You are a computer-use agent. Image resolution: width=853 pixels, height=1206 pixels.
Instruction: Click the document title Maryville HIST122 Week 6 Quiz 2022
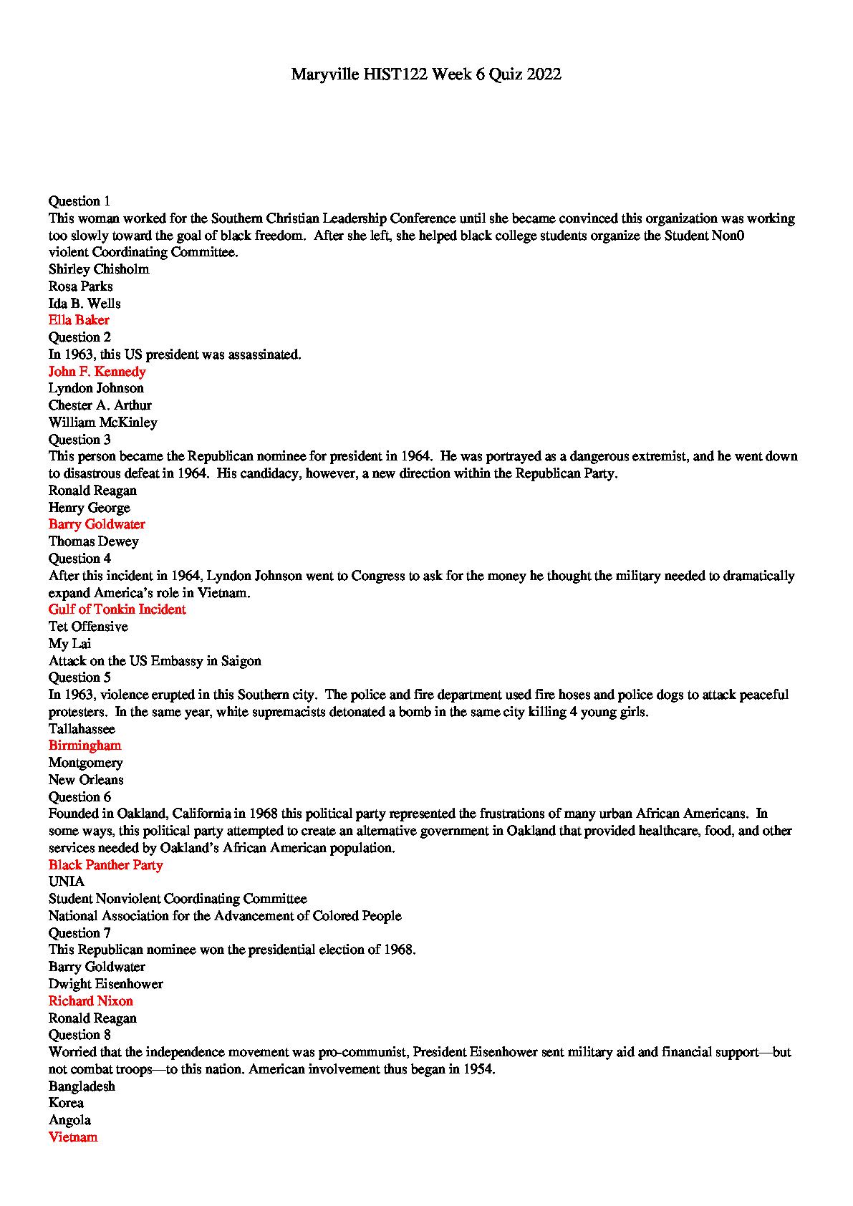[x=426, y=74]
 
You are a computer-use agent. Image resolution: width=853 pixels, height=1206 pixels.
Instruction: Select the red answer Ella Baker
[x=79, y=320]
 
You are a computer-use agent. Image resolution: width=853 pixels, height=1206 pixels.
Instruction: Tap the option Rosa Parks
[x=80, y=286]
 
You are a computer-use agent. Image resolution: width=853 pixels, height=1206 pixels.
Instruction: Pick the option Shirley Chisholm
[x=99, y=269]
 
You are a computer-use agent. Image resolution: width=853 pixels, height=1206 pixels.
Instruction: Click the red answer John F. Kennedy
[x=97, y=372]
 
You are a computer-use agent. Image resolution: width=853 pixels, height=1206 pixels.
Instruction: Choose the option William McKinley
[x=102, y=423]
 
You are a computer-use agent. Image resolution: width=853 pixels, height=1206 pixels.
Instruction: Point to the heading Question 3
[x=79, y=440]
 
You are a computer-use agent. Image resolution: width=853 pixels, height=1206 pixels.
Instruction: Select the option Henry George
[x=89, y=508]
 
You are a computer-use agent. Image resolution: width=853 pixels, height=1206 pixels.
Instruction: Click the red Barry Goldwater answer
[x=97, y=524]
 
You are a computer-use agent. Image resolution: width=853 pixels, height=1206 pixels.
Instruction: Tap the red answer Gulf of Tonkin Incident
[x=117, y=609]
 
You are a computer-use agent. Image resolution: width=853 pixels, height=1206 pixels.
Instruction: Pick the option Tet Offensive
[x=88, y=627]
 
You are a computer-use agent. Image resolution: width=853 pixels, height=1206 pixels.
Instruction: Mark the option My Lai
[x=69, y=644]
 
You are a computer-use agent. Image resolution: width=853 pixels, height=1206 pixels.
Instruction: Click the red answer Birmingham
[x=85, y=746]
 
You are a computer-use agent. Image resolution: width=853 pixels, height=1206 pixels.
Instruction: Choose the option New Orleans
[x=86, y=780]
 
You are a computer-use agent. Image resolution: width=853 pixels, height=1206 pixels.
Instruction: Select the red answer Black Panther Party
[x=105, y=865]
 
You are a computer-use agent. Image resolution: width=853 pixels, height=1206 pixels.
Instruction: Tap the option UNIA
[x=66, y=882]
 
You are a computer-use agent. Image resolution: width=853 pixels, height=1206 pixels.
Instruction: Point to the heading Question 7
[x=79, y=933]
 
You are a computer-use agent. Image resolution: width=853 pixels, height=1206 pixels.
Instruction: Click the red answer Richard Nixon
[x=90, y=1001]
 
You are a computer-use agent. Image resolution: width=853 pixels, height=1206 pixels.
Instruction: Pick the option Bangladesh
[x=82, y=1086]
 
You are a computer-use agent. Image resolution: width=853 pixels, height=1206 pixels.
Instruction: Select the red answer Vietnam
[x=73, y=1137]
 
